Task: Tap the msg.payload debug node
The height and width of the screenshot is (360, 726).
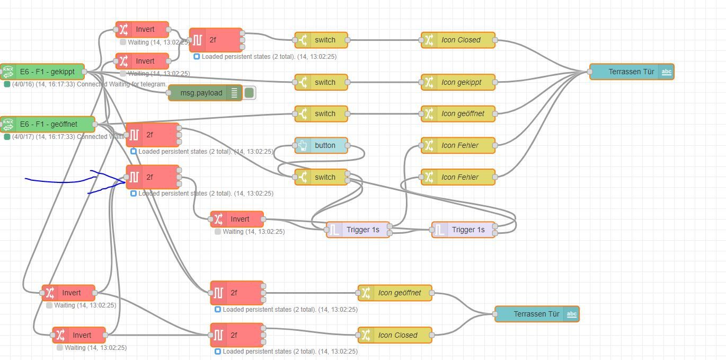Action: pos(201,93)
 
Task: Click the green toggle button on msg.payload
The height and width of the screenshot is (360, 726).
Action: pos(249,93)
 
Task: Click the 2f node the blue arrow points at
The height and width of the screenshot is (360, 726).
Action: pos(153,177)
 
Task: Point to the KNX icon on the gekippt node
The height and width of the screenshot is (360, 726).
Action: pos(8,72)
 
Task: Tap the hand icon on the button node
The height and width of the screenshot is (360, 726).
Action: pos(303,145)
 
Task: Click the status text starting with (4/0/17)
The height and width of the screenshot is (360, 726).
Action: pos(64,137)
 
